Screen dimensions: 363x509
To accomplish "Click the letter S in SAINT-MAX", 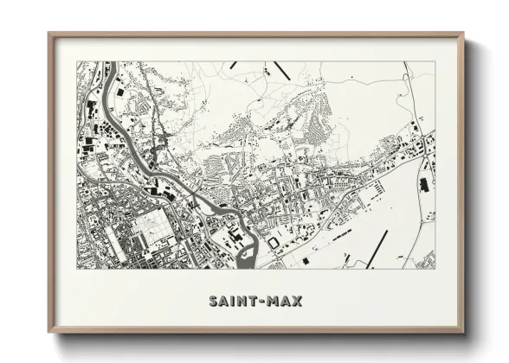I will click(213, 302).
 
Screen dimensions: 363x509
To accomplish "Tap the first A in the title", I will click(224, 302).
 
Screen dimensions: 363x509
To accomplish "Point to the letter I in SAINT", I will click(234, 302).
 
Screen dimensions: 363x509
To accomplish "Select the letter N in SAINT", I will click(243, 302).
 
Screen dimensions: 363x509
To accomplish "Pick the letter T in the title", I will click(255, 302).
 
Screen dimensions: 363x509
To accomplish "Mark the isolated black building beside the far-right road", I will click(423, 183).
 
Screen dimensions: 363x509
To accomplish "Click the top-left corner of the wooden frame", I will click(49, 35).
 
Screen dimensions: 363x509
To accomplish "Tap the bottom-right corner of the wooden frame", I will click(463, 333).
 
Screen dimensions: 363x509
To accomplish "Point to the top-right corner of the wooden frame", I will click(463, 35).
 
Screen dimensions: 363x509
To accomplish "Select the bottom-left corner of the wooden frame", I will click(49, 333).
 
